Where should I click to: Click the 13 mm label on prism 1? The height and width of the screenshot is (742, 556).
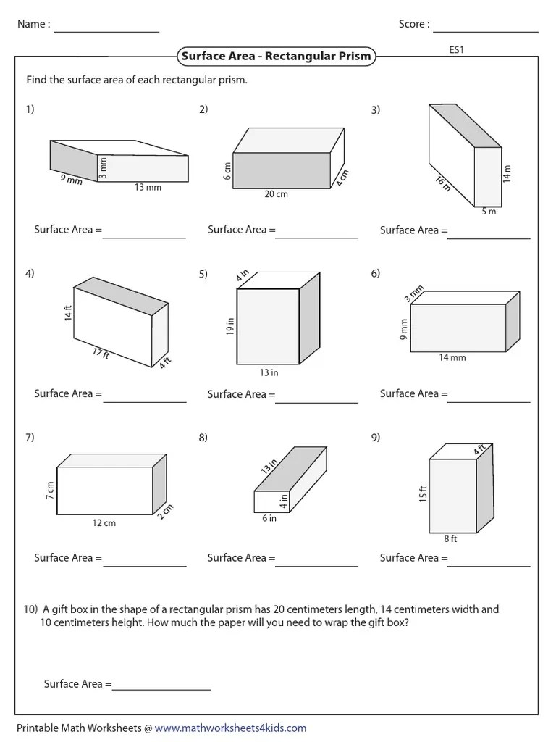148,187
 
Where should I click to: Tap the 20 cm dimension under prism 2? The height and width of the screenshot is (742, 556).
276,194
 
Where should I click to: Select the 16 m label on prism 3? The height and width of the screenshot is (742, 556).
442,184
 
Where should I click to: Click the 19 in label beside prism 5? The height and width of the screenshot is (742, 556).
230,327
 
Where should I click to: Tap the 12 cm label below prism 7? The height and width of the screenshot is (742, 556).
104,522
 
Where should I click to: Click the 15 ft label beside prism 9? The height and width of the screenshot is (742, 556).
424,494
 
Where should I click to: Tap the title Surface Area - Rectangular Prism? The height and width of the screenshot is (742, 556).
277,56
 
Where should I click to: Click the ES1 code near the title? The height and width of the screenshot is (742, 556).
456,51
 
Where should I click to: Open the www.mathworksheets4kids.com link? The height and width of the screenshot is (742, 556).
230,728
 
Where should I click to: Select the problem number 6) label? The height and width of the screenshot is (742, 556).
376,273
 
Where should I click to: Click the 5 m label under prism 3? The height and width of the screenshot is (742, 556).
489,212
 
